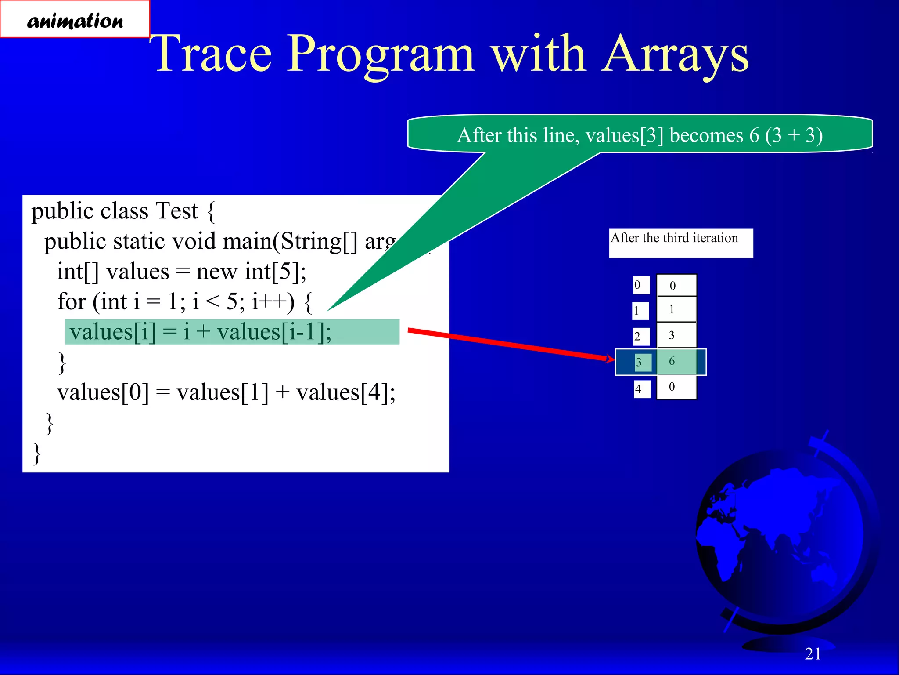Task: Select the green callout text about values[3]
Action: click(640, 135)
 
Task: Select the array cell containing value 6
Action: click(676, 362)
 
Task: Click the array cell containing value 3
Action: click(676, 335)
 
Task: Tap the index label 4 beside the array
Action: click(641, 389)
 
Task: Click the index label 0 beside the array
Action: click(640, 285)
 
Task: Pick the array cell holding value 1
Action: click(676, 309)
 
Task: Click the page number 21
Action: click(813, 654)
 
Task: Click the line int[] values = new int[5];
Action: click(182, 272)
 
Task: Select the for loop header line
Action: click(184, 302)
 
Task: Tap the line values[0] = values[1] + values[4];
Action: click(226, 392)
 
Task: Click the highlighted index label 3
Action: click(642, 363)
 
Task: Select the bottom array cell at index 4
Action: click(676, 387)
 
